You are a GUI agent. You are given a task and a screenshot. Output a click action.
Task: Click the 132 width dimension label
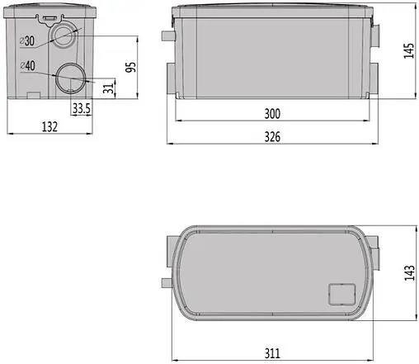(x=49, y=127)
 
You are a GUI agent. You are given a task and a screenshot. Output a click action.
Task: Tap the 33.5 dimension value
(x=82, y=108)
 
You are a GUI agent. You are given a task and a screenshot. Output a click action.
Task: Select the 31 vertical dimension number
(x=109, y=88)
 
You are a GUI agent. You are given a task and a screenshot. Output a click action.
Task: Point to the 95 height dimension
(x=131, y=67)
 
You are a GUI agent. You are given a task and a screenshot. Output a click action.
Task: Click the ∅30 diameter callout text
(x=27, y=41)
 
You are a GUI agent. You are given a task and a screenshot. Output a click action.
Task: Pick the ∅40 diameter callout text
(x=27, y=66)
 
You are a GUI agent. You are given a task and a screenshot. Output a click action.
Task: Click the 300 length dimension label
(x=272, y=114)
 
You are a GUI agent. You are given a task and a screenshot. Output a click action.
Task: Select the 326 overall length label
(x=272, y=137)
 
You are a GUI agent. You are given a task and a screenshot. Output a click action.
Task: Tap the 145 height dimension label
(x=409, y=50)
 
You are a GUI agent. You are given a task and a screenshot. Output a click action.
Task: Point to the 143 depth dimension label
(x=409, y=272)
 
